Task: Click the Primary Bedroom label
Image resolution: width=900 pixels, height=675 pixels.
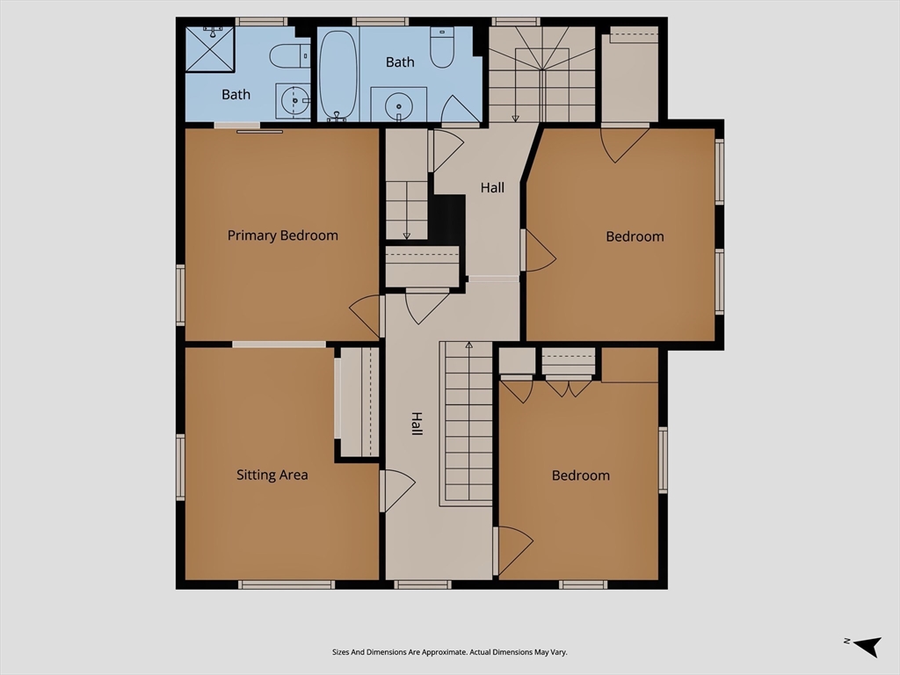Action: coord(282,236)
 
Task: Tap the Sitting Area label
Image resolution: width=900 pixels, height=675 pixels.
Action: coord(272,475)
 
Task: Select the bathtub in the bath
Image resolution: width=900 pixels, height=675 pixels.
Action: coord(337,75)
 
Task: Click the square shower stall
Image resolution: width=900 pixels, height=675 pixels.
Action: coord(210,49)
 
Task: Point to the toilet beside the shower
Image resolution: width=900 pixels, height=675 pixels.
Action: coord(290,56)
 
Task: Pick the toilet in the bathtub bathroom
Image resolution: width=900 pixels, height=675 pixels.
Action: coord(442,47)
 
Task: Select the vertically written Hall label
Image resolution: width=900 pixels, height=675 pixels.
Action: coord(417,424)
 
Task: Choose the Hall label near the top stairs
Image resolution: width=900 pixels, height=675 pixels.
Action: coord(492,187)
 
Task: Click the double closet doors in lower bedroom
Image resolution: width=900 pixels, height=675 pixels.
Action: coord(569,388)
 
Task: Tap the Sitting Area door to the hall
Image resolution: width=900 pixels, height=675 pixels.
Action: coord(398,490)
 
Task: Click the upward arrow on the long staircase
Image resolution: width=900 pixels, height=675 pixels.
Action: coord(469,345)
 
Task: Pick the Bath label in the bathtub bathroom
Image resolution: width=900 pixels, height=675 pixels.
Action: coord(400,62)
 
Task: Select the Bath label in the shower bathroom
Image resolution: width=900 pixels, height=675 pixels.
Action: coord(236,94)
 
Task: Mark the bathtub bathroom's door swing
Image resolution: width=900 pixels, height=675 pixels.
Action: coord(461,110)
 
